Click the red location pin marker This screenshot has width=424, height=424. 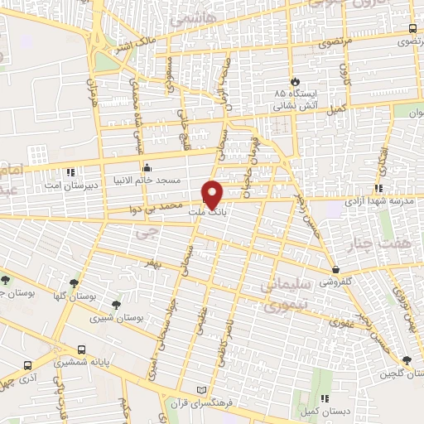tap(214, 194)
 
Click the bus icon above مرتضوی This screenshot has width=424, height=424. tap(412, 29)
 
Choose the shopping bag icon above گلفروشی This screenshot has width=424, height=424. tap(335, 270)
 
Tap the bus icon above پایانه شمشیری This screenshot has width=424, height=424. tap(81, 350)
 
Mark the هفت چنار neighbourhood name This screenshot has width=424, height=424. tap(395, 245)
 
